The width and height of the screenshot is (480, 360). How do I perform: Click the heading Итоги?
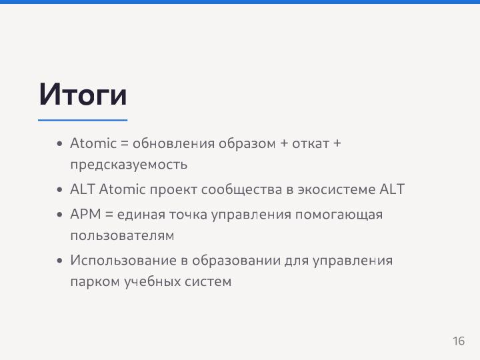point(83,95)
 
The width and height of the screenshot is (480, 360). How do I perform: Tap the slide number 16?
point(459,341)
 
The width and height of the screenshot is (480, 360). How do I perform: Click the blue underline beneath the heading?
point(83,120)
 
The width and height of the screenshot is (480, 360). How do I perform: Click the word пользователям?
point(122,235)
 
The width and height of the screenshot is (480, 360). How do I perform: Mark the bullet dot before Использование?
point(60,261)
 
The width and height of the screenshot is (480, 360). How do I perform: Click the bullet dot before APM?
point(60,215)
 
